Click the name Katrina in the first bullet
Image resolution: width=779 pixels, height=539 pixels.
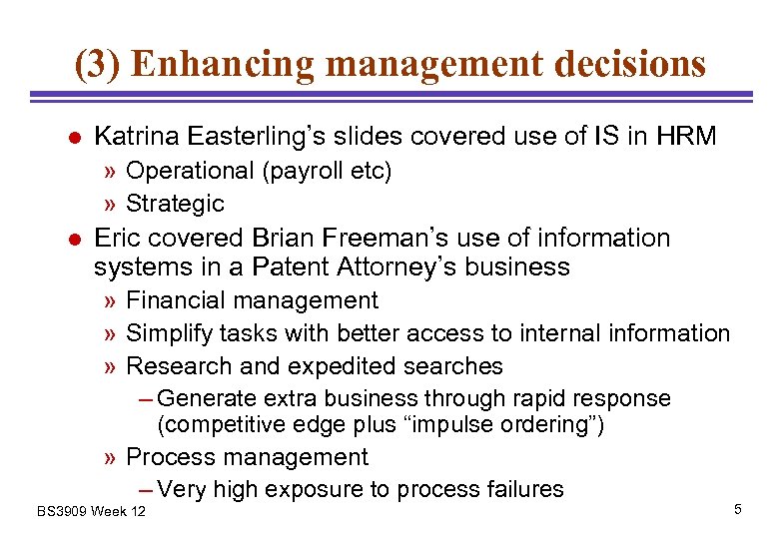pyautogui.click(x=136, y=136)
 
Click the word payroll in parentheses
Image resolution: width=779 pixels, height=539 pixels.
pyautogui.click(x=304, y=171)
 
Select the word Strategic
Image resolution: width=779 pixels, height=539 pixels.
pyautogui.click(x=175, y=204)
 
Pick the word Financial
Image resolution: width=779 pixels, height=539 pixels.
pyautogui.click(x=177, y=300)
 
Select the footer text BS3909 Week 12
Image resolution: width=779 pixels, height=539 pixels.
pyautogui.click(x=91, y=511)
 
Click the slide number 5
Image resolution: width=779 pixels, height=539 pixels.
pyautogui.click(x=737, y=510)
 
